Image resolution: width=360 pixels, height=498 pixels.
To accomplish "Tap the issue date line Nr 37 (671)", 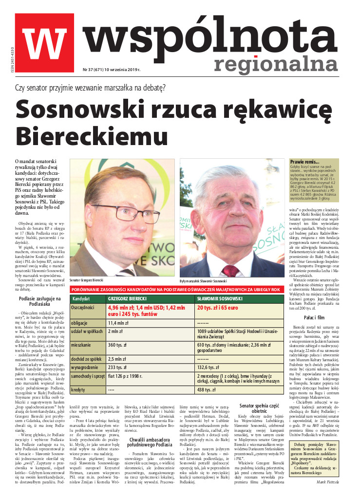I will [x=105, y=70].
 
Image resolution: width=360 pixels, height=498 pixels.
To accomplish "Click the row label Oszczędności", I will [x=82, y=308].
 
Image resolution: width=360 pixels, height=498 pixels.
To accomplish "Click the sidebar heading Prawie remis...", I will [x=305, y=162].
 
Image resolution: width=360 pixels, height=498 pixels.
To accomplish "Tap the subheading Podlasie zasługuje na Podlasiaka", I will [x=34, y=301].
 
